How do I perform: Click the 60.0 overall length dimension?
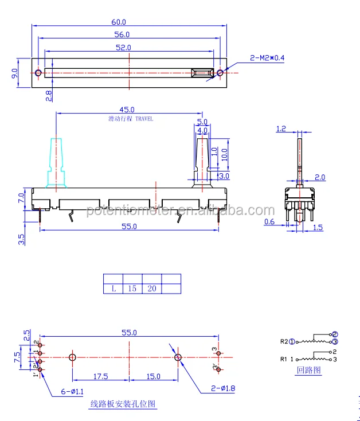pos(119,22)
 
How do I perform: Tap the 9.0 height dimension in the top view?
pos(14,73)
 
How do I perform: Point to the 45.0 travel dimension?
pos(127,110)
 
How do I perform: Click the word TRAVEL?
pos(144,119)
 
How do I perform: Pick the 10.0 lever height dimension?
pos(225,153)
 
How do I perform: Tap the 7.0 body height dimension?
pos(21,198)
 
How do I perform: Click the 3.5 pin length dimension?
pos(21,239)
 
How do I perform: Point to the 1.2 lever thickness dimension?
pos(281,129)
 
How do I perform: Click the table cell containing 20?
pos(152,289)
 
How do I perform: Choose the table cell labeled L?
pos(113,289)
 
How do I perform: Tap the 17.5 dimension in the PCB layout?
pos(101,376)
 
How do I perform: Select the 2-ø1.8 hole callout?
pos(222,388)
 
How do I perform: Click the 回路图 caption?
pos(309,371)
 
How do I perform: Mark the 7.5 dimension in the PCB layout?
pos(17,356)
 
